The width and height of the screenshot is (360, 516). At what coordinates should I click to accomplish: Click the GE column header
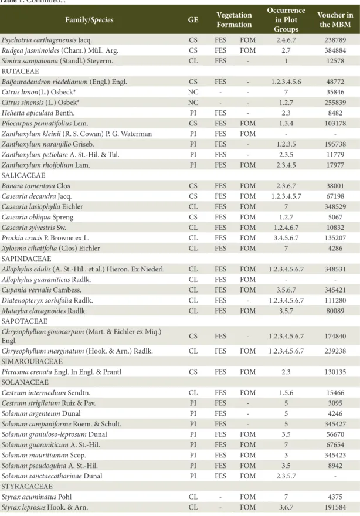pyautogui.click(x=193, y=20)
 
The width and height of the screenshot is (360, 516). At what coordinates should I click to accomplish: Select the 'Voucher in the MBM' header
pyautogui.click(x=335, y=20)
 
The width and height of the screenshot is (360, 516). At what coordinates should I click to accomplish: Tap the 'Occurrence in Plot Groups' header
pyautogui.click(x=286, y=20)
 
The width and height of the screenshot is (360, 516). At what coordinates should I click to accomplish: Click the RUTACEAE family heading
pyautogui.click(x=20, y=71)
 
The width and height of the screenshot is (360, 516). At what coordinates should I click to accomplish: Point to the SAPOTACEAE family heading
pyautogui.click(x=25, y=321)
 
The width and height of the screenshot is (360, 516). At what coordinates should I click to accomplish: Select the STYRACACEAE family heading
pyautogui.click(x=27, y=486)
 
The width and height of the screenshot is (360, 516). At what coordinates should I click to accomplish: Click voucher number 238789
pyautogui.click(x=335, y=40)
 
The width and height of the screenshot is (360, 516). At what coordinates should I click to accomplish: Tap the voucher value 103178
pyautogui.click(x=335, y=123)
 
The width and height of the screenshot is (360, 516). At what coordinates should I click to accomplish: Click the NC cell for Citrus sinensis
pyautogui.click(x=193, y=103)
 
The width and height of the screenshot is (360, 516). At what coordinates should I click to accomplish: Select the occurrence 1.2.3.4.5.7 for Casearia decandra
pyautogui.click(x=286, y=196)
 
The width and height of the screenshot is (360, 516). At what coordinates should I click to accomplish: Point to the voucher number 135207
pyautogui.click(x=335, y=238)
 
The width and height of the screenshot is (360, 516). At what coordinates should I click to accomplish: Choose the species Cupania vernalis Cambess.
pyautogui.click(x=42, y=290)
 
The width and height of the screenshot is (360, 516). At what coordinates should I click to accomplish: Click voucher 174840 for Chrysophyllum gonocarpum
pyautogui.click(x=335, y=336)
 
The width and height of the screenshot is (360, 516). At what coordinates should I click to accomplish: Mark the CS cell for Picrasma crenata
pyautogui.click(x=193, y=372)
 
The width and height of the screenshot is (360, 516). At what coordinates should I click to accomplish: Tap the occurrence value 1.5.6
pyautogui.click(x=286, y=393)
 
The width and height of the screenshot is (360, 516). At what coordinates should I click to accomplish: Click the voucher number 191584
pyautogui.click(x=335, y=507)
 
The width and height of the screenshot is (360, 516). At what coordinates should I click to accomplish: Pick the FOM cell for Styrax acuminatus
pyautogui.click(x=247, y=497)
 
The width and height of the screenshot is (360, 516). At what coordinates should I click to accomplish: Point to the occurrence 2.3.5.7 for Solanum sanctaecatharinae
pyautogui.click(x=286, y=476)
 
